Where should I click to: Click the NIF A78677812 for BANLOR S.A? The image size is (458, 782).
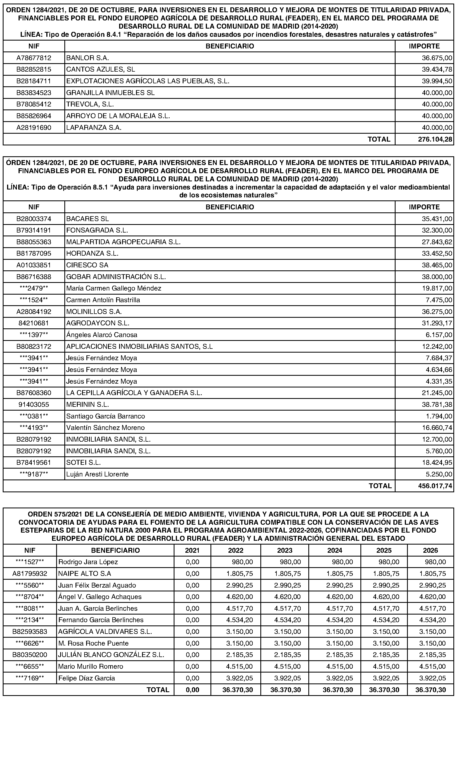tap(34, 58)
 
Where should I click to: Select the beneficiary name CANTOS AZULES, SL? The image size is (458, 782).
tap(100, 69)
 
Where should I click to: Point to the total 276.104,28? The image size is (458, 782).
tap(435, 139)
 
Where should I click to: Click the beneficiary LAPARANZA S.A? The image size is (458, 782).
tap(94, 127)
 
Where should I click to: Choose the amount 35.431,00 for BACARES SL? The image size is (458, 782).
tap(437, 219)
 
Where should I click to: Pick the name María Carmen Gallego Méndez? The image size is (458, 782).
tap(114, 288)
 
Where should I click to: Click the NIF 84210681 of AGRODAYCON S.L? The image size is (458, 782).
tap(34, 323)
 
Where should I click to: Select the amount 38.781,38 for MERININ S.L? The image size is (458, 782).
tap(437, 405)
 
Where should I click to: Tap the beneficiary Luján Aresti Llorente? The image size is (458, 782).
tap(97, 474)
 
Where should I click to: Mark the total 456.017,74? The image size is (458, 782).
tap(435, 486)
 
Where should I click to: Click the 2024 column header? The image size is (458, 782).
tap(335, 551)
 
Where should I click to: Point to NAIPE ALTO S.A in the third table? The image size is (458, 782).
tap(85, 574)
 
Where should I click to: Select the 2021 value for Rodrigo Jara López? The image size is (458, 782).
tap(192, 562)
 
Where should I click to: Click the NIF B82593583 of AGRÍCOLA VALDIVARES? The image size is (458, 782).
tap(30, 632)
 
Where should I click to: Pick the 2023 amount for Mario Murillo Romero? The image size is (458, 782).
tap(287, 667)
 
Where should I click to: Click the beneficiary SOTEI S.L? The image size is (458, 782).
tap(83, 463)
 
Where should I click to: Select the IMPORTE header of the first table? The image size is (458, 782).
tap(424, 46)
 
